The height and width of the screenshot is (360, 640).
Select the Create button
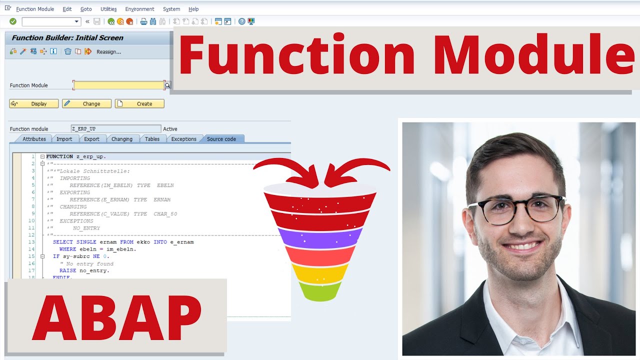coord(139,104)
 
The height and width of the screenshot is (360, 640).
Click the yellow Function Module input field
coord(118,85)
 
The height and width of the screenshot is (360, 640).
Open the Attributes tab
coord(34,139)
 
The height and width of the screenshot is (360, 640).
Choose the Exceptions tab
coord(183,139)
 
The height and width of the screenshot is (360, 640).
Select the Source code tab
coord(221,139)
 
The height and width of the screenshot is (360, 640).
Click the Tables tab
coord(152,139)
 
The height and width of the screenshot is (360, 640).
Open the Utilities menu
coord(108,9)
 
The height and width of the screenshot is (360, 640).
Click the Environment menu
coord(139,9)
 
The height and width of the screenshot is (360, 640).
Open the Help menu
coord(193,9)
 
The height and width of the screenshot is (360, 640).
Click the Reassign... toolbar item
coord(108,51)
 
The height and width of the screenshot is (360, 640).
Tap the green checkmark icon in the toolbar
coord(13,21)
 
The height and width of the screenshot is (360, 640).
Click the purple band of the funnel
coord(320,236)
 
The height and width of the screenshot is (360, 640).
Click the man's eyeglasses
coord(515,209)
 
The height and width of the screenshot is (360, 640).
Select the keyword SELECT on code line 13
coord(63,242)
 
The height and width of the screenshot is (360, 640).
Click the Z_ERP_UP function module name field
coord(115,129)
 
